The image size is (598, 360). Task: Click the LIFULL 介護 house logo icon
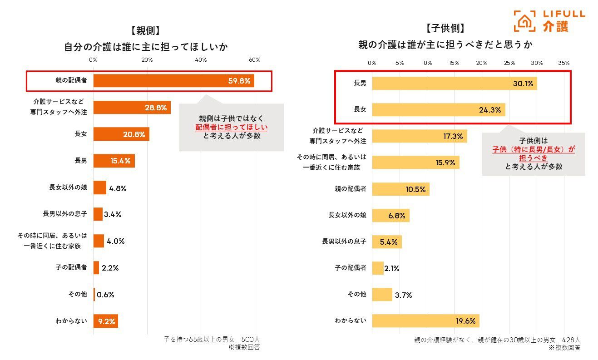point(525,21)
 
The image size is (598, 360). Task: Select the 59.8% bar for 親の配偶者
point(173,81)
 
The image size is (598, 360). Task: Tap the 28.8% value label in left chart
point(155,108)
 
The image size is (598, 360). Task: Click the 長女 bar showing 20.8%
point(121,134)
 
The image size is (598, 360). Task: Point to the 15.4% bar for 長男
point(114,161)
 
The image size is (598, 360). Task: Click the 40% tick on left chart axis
point(201,60)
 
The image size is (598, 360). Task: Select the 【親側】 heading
point(145,31)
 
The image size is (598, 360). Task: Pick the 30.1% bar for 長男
point(454,83)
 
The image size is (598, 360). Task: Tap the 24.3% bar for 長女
point(438,109)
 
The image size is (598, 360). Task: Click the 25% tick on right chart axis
point(509,63)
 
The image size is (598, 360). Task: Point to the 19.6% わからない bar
point(425,321)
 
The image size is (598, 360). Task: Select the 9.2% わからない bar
point(105,321)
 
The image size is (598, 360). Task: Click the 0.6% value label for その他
point(105,294)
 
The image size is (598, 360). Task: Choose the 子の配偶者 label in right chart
point(350,268)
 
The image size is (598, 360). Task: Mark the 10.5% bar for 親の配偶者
point(400,189)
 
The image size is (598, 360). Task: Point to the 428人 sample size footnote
point(571,340)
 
